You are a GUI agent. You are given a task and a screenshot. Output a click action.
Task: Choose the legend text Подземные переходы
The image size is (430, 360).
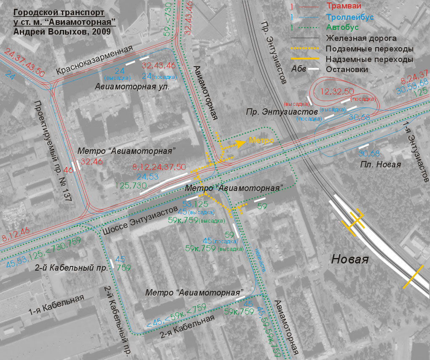click(x=369, y=49)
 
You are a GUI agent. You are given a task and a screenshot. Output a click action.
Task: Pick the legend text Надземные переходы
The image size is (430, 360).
click(x=369, y=59)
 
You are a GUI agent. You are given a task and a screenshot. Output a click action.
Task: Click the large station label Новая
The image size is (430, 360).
click(x=350, y=259)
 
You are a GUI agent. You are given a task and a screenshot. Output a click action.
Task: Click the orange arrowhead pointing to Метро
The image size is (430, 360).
click(x=241, y=143)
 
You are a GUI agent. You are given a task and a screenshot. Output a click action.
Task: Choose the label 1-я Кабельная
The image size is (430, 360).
click(x=56, y=306)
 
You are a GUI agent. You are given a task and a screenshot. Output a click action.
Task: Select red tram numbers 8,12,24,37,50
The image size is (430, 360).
click(x=159, y=167)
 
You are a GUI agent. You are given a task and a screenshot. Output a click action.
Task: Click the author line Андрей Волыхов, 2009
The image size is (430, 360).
click(x=62, y=31)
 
